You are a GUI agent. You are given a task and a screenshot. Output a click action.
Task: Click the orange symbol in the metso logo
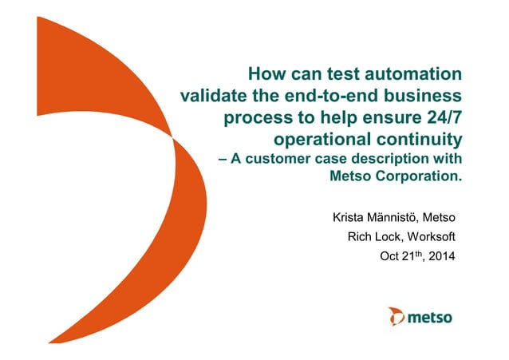tap(396, 317)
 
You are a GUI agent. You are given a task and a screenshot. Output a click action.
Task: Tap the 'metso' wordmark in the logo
tap(430, 318)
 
